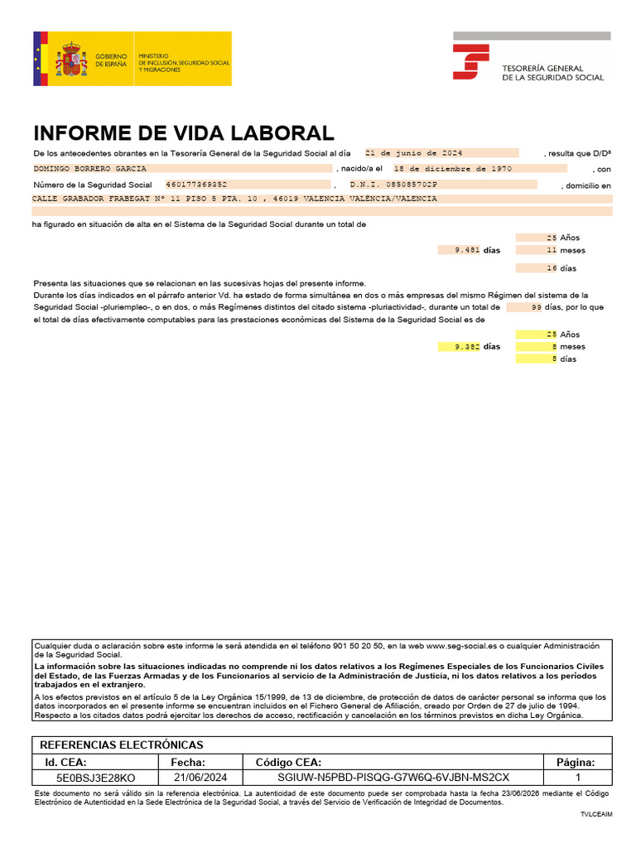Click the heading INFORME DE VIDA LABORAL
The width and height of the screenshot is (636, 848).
tap(183, 133)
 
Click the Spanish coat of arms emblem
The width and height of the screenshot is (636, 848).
tap(71, 60)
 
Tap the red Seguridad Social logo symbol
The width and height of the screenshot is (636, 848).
tap(470, 63)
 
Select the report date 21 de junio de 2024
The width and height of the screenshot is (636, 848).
tap(413, 153)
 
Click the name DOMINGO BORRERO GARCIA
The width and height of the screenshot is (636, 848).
tap(90, 169)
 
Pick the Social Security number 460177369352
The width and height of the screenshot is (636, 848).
tap(197, 185)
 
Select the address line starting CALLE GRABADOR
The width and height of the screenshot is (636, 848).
tap(234, 199)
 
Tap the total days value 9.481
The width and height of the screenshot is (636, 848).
tap(467, 249)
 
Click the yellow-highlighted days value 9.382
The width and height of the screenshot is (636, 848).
tap(467, 347)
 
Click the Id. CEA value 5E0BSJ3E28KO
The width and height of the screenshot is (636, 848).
tap(95, 778)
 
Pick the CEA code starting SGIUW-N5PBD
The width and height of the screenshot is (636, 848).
tap(394, 778)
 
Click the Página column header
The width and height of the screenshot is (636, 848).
tap(578, 762)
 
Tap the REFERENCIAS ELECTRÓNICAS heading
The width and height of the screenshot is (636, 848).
tap(121, 744)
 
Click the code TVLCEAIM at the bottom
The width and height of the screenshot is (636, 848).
tap(596, 815)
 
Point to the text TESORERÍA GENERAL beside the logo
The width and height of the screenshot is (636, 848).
tap(542, 68)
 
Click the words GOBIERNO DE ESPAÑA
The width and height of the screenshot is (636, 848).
tap(112, 60)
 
